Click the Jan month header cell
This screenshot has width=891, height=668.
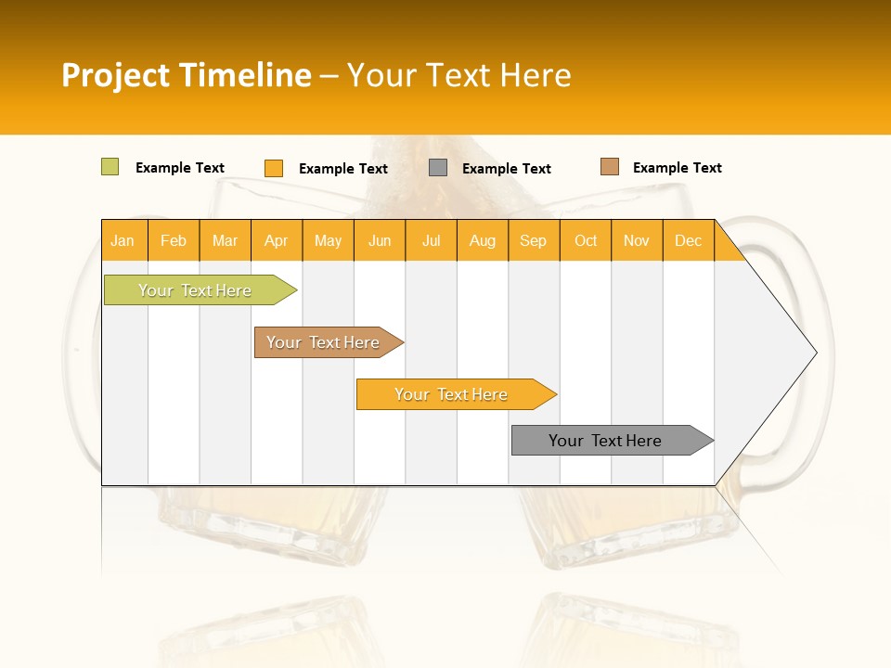click(123, 240)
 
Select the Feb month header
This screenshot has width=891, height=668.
click(174, 240)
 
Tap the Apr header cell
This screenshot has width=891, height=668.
click(277, 240)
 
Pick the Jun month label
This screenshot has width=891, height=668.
click(380, 240)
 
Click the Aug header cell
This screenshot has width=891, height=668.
click(483, 240)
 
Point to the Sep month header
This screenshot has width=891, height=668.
click(534, 240)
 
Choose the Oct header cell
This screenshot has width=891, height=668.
click(586, 240)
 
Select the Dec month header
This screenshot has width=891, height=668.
click(689, 240)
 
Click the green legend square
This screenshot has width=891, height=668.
click(110, 167)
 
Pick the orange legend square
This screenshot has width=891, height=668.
click(274, 168)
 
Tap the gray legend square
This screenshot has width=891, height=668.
click(438, 168)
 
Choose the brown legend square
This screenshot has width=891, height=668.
click(610, 167)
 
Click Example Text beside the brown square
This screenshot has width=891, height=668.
click(677, 168)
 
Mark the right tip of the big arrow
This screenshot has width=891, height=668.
click(815, 353)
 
